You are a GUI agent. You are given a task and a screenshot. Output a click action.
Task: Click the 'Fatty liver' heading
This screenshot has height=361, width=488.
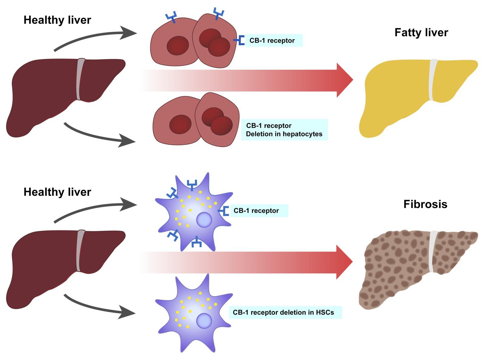(x=421, y=32)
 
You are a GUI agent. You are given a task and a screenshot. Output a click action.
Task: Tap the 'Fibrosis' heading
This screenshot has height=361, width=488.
(x=425, y=204)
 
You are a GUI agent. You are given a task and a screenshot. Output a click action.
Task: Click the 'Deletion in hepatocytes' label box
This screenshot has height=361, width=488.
(x=284, y=130)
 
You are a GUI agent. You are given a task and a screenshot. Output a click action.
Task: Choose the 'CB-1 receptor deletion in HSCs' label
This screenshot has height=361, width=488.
(x=285, y=313)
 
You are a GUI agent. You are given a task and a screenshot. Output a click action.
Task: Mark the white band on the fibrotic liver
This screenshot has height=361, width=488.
(x=433, y=252)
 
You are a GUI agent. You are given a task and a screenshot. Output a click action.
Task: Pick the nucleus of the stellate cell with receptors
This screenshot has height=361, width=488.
(x=204, y=220)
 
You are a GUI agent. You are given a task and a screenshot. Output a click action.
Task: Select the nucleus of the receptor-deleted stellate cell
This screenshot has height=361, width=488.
(x=204, y=321)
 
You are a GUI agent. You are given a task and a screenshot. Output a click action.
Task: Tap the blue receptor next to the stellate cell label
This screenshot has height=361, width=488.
(x=224, y=211)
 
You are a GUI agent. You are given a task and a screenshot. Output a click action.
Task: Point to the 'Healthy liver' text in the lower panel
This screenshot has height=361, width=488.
(x=57, y=192)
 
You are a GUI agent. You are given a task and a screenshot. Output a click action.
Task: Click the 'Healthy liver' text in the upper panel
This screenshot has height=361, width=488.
(x=57, y=20)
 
